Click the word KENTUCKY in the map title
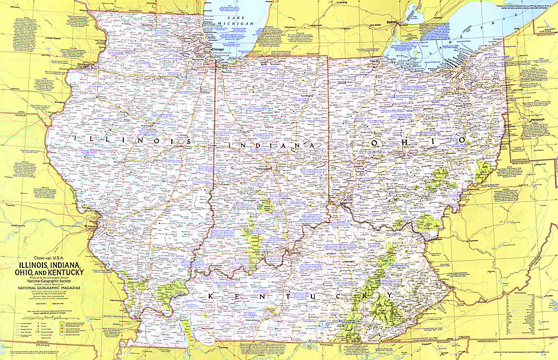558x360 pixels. [x=64, y=272]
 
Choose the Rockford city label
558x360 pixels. [x=147, y=25]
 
